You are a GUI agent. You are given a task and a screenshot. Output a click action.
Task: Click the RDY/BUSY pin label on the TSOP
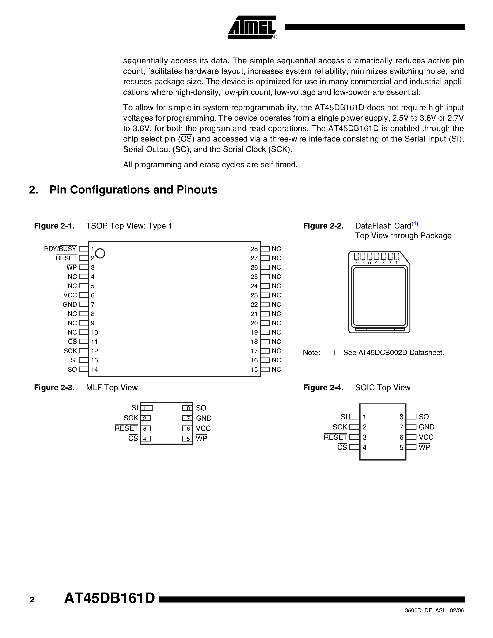pos(60,249)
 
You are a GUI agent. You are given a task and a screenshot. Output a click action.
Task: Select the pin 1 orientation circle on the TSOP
pos(100,253)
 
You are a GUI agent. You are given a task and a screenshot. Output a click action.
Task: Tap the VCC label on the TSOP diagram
pos(70,295)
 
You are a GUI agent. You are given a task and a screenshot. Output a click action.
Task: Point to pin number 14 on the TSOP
pos(94,370)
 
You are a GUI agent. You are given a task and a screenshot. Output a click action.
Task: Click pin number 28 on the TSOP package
pos(254,249)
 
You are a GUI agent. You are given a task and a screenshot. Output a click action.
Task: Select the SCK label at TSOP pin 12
pos(70,351)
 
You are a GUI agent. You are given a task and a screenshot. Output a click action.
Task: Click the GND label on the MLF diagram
pos(203,418)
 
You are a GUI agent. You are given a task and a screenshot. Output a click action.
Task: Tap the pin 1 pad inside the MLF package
pos(147,408)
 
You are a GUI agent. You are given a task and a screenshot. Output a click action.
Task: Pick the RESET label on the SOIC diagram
pos(335,437)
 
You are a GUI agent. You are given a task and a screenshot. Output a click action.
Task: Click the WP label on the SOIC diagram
pos(424,447)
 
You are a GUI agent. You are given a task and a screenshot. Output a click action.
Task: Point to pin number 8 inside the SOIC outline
pos(401,417)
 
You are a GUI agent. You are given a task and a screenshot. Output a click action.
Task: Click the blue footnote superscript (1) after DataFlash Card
pos(415,224)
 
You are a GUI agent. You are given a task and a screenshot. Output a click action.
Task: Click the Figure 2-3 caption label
pos(54,388)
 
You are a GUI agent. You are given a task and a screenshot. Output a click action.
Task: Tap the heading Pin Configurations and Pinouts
pos(133,190)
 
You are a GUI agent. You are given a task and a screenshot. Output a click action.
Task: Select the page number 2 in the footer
pos(32,600)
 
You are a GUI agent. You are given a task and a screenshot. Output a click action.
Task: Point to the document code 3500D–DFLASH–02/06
pos(434,611)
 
